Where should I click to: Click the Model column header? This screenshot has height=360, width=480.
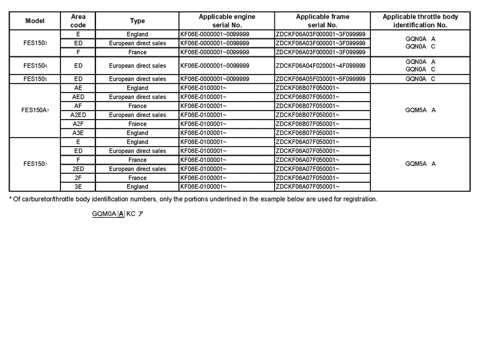(x=34, y=21)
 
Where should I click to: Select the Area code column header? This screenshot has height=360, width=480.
(x=78, y=21)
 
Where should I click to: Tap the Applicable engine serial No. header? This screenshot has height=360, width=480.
(x=226, y=21)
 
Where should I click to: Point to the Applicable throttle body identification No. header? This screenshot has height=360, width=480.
(x=420, y=21)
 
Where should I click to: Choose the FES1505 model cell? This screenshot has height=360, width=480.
(x=36, y=79)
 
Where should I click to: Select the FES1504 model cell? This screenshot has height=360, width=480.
(x=36, y=65)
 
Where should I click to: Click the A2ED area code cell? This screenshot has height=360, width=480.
(x=78, y=115)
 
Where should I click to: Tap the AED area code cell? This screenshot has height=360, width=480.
(x=78, y=97)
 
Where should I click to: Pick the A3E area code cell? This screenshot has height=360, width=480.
(x=78, y=133)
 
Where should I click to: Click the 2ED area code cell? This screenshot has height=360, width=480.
(x=78, y=169)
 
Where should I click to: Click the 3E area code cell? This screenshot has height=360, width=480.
(x=78, y=187)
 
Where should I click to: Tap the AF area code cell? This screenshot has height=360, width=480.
(x=78, y=106)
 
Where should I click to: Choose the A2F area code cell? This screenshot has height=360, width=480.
(x=78, y=124)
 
